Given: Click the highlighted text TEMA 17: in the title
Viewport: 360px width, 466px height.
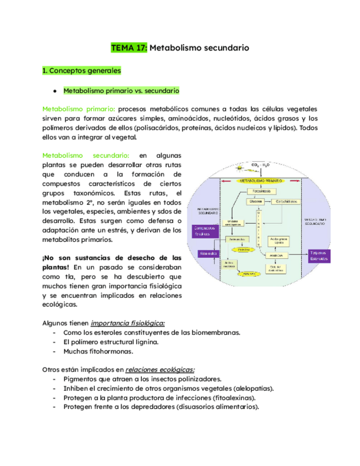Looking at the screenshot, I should [129, 48].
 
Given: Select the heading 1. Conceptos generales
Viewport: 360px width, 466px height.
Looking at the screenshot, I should [81, 71].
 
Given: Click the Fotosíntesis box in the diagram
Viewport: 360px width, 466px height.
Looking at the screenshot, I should [259, 191].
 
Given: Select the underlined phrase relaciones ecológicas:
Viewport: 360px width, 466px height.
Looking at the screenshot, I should [160, 369].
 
